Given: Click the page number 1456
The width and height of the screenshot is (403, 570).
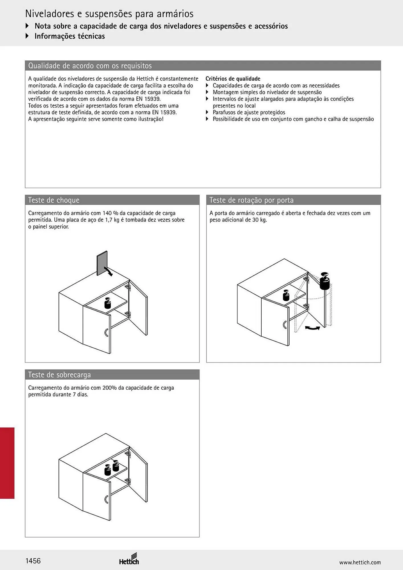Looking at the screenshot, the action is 33,561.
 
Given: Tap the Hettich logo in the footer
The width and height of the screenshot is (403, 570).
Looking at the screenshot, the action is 129,559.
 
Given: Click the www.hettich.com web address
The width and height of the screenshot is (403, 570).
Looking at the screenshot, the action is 360,562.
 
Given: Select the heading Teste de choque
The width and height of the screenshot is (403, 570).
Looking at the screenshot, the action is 54,200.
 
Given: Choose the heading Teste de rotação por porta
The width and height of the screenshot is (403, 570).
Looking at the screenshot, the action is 251,200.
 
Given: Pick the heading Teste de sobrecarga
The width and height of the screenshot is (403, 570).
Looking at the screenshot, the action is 59,375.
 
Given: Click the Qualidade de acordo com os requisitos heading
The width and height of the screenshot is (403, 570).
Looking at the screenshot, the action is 90,66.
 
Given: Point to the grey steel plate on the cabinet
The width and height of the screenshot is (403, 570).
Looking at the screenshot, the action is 102,263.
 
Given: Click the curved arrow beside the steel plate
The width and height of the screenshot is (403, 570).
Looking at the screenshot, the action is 109,271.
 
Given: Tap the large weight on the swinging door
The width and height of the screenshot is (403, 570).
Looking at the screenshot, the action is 324,281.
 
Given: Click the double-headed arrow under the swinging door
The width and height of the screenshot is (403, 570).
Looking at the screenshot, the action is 312,328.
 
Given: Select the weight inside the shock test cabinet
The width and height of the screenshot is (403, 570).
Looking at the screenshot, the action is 108,303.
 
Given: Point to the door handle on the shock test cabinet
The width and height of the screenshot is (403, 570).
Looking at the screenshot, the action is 106,333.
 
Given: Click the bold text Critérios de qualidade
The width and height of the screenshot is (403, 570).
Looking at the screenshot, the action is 233,79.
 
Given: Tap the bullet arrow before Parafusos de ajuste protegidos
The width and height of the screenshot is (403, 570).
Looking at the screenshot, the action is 207,112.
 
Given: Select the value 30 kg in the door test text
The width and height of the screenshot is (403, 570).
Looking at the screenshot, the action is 259,220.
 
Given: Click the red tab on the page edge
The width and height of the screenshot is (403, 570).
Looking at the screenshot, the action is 7,463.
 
